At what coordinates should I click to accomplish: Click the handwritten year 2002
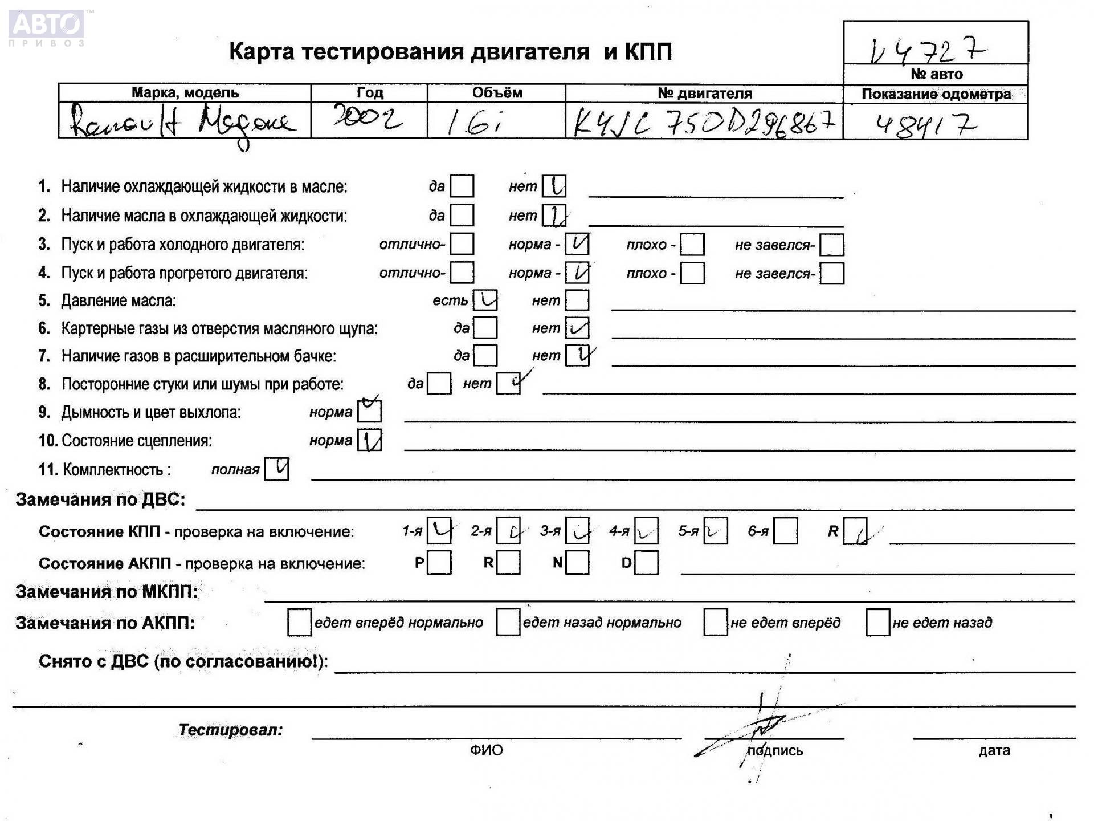[x=368, y=119]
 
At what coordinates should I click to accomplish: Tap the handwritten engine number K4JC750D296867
[x=704, y=121]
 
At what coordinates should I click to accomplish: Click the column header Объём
[x=496, y=92]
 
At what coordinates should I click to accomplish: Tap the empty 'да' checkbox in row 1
[x=462, y=186]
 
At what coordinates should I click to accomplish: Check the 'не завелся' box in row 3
[x=831, y=245]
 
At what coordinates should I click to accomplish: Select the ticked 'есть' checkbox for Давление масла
[x=485, y=300]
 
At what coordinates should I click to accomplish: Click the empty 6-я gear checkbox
[x=785, y=531]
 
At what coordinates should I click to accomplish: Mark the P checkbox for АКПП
[x=439, y=563]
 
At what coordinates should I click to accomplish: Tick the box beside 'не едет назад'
[x=877, y=622]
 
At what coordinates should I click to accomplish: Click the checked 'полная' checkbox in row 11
[x=277, y=469]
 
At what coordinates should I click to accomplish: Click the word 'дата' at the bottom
[x=994, y=750]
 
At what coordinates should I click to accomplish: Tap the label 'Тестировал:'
[x=230, y=730]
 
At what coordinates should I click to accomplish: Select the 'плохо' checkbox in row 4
[x=692, y=273]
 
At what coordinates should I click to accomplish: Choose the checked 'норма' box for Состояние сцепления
[x=369, y=440]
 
